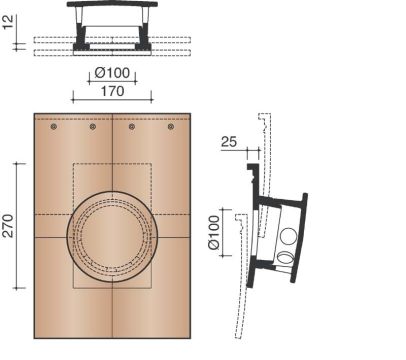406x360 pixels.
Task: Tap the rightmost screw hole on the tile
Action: tap(170, 127)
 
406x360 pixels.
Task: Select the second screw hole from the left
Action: tap(93, 127)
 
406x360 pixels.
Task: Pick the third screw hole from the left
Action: tap(131, 127)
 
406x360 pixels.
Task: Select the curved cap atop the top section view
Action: tap(112, 6)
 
